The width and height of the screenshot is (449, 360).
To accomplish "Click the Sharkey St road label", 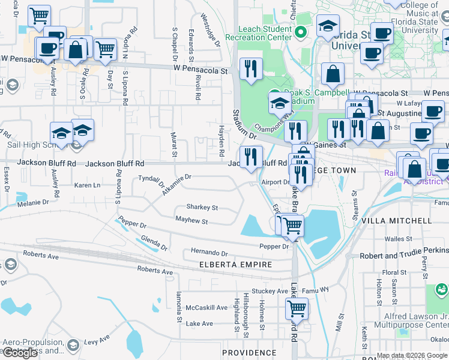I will [x=202, y=208].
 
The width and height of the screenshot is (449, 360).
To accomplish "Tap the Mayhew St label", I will [x=191, y=222].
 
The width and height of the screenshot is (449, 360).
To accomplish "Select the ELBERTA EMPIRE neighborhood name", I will [x=236, y=265].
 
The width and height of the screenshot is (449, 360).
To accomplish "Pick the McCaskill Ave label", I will [x=206, y=308].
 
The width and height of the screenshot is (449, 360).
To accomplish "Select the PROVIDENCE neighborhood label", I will [x=247, y=352].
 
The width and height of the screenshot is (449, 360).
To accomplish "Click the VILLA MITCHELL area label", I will [x=402, y=221].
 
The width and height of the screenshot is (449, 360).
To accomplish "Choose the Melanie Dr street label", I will [x=34, y=204].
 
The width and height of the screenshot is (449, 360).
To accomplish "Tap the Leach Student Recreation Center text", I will [x=265, y=33].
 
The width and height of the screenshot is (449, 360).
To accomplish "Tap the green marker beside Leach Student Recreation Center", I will [x=303, y=32].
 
